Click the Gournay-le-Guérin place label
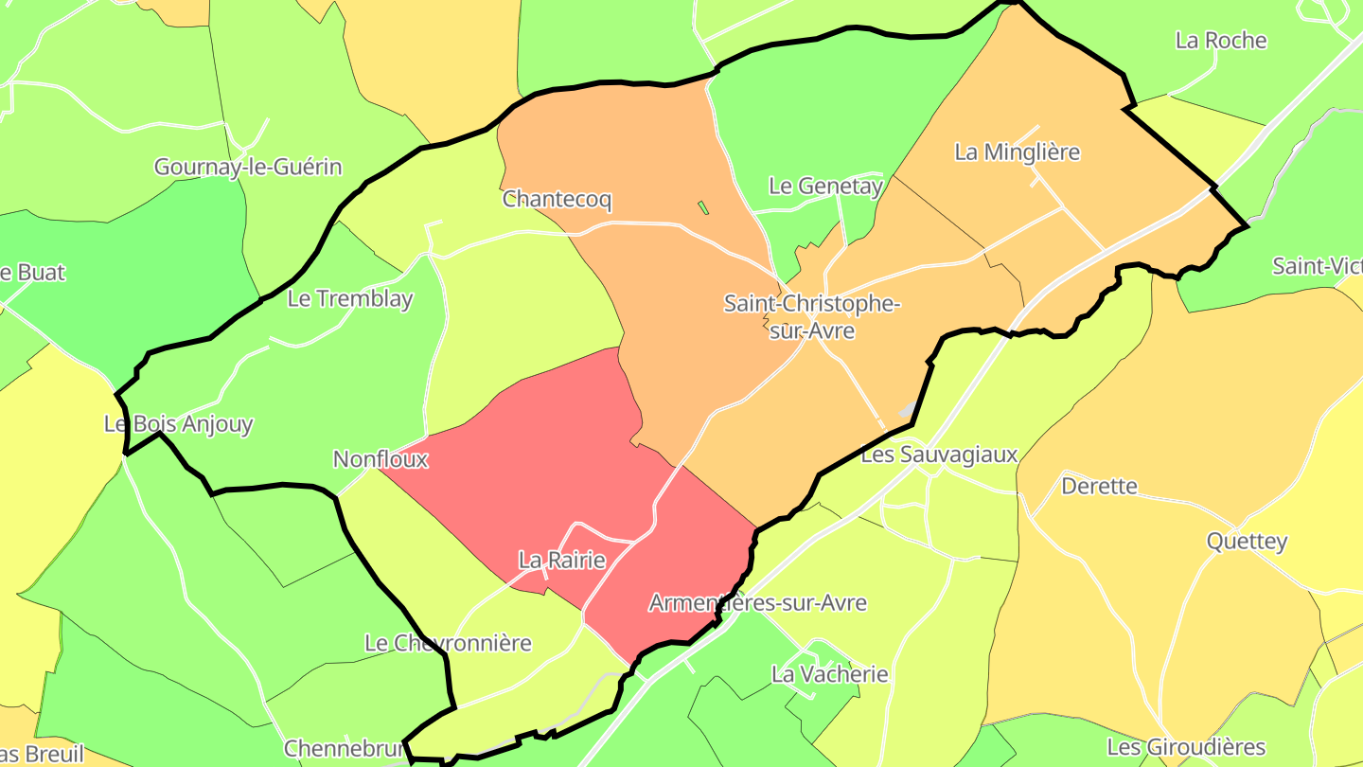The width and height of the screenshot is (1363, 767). pos(248,168)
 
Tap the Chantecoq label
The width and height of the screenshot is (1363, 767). pos(558,200)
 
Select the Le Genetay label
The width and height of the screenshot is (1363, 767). pos(825,187)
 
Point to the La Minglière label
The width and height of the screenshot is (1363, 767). pos(1017,152)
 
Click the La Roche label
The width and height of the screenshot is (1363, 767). pos(1221,41)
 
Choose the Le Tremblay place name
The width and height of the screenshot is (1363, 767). pos(350,299)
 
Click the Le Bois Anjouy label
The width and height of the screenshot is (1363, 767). pos(179,424)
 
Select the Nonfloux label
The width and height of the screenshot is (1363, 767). pos(381,460)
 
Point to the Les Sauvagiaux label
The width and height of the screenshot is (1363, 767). pos(939,455)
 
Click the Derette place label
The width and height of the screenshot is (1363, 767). pos(1099,487)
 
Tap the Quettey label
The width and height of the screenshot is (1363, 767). pos(1247,542)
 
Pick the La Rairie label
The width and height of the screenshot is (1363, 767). pos(562,561)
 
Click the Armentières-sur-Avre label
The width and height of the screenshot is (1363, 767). pos(757,603)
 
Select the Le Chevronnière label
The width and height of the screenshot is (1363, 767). pos(448,644)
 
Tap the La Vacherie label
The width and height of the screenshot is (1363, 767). pos(830,675)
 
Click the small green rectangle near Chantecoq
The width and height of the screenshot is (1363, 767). pos(703,207)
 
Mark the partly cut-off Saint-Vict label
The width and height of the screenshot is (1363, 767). pos(1318,266)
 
